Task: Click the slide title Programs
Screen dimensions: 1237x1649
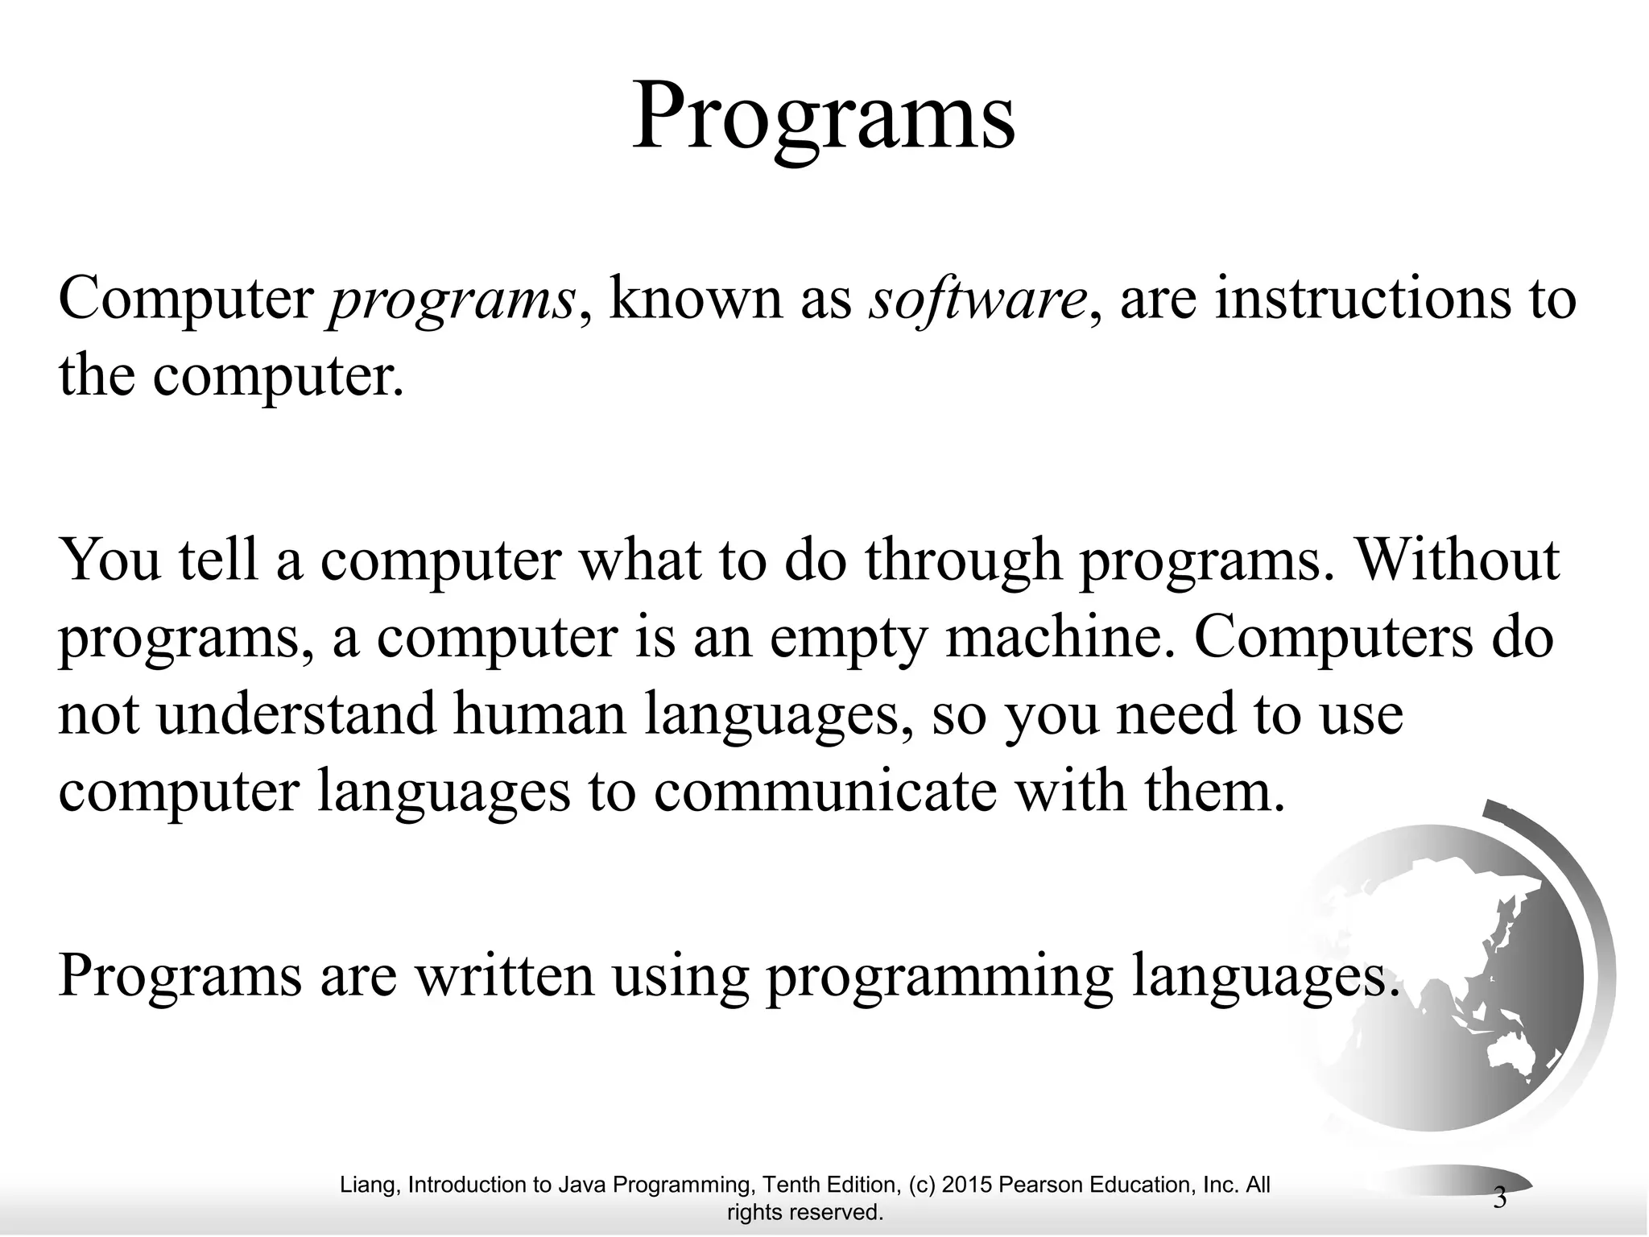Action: click(x=823, y=118)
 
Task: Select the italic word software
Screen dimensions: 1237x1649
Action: click(x=977, y=299)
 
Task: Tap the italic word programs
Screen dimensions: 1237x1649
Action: click(x=451, y=300)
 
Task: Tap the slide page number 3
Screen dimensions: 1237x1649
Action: click(x=1499, y=1198)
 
